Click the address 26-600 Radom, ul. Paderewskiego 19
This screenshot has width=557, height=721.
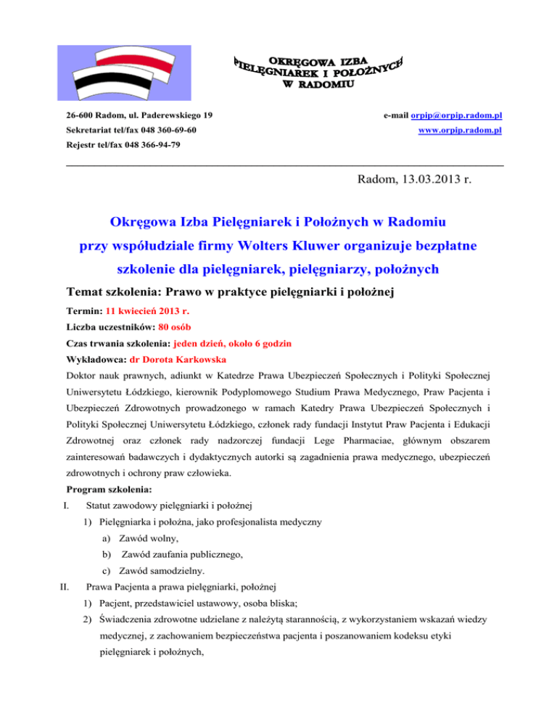tap(139, 116)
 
